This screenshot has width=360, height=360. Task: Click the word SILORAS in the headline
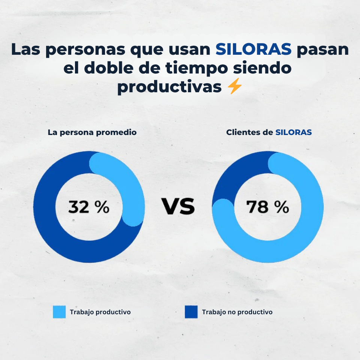click(253, 49)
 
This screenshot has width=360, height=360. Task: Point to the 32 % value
click(88, 207)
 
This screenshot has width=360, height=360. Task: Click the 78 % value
click(267, 207)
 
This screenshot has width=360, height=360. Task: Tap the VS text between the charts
click(178, 207)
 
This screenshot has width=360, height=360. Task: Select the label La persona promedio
click(92, 132)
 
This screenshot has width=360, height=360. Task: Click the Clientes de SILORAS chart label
click(269, 132)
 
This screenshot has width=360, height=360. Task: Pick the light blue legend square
click(59, 312)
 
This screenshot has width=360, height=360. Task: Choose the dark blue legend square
click(191, 312)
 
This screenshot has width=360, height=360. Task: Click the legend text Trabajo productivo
click(100, 312)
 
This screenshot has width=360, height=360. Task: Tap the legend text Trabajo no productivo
click(237, 312)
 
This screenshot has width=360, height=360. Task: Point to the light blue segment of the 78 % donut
click(292, 244)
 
